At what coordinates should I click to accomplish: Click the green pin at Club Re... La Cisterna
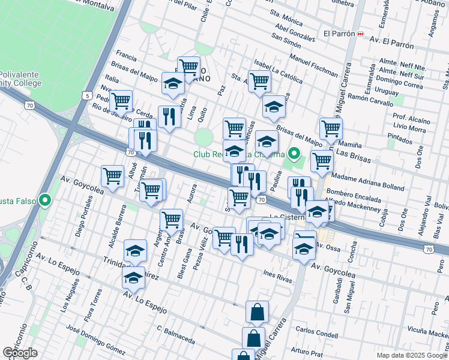(294, 154)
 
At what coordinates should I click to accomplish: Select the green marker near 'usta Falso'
(44, 200)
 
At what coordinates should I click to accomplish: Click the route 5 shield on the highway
(88, 95)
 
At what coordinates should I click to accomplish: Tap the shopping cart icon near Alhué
(112, 176)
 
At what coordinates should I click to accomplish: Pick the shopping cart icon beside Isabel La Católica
(259, 81)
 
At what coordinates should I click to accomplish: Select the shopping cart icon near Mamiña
(331, 128)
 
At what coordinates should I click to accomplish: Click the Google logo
(19, 353)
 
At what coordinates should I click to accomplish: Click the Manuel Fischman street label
(313, 65)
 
